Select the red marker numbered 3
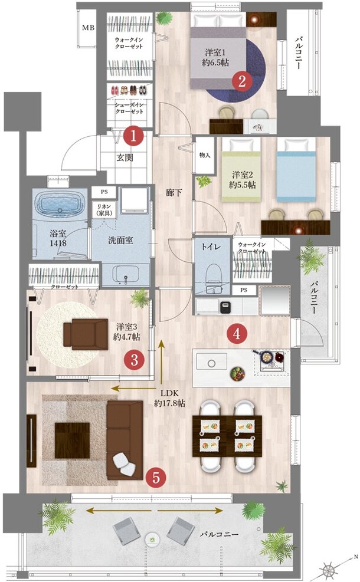tap(135, 359)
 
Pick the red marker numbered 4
tap(237, 334)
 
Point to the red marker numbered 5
tap(155, 478)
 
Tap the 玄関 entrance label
tap(125, 157)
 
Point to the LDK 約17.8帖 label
tap(170, 399)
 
